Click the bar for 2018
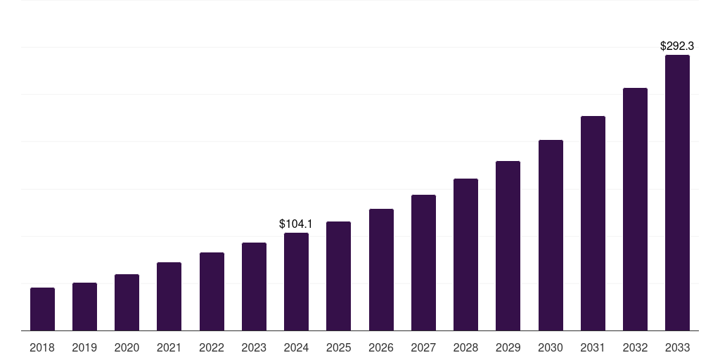[42, 309]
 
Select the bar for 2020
[127, 302]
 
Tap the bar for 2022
[212, 292]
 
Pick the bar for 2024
[296, 282]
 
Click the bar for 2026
[381, 270]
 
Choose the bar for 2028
[465, 255]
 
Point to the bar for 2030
[551, 236]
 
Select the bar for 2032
[635, 210]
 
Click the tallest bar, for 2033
[677, 193]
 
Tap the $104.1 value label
[296, 224]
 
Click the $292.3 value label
[677, 46]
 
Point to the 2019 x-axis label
[84, 347]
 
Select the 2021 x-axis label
[169, 347]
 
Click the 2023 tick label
[254, 347]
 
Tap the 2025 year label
[338, 347]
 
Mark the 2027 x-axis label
[423, 347]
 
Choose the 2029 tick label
[508, 347]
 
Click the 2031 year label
[593, 347]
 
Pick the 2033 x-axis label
[677, 347]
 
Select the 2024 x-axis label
[296, 347]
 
